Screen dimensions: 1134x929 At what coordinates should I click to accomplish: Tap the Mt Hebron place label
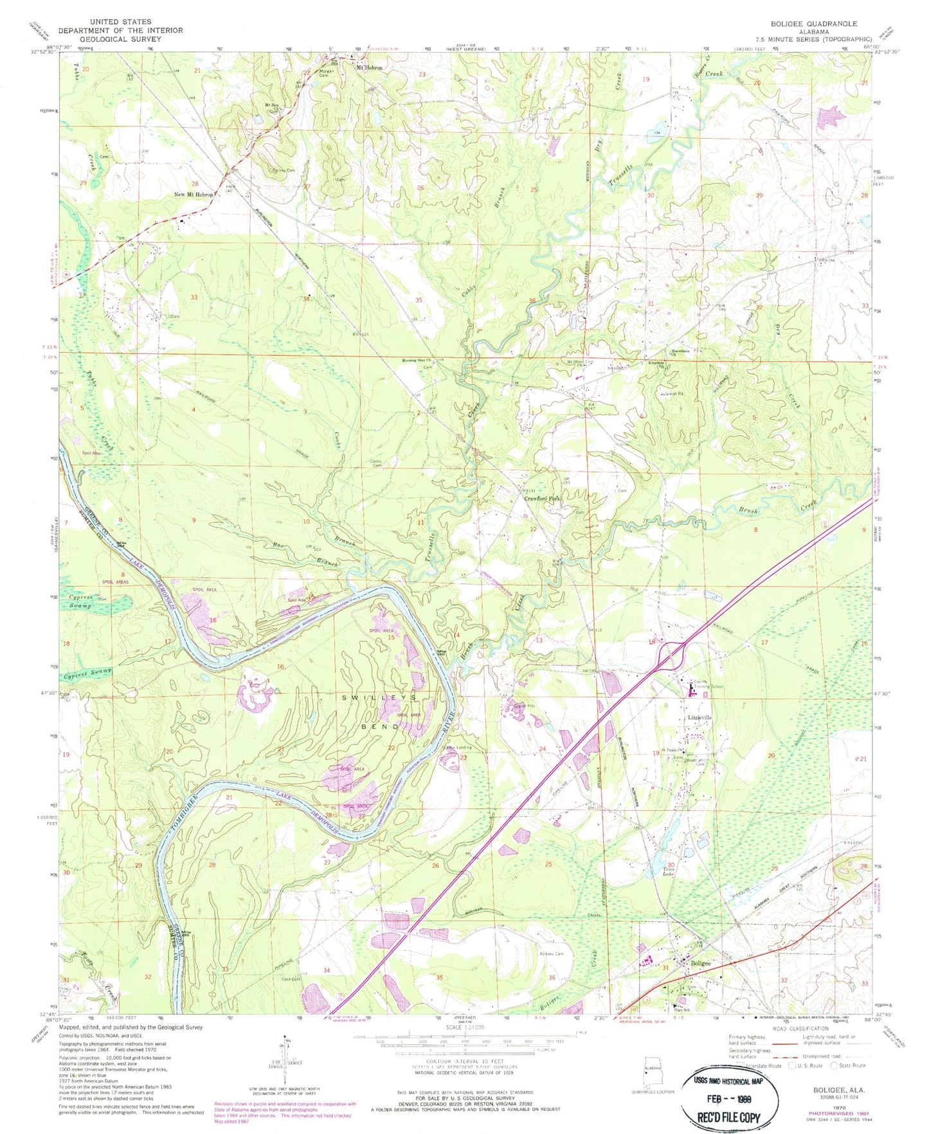pos(370,67)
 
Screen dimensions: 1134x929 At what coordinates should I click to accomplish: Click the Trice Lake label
pos(671,872)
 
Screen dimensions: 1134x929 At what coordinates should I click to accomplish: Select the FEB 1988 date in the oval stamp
pos(733,1099)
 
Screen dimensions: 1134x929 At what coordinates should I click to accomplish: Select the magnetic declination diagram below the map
pos(286,1059)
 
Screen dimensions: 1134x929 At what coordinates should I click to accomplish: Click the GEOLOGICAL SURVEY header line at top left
pos(120,39)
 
